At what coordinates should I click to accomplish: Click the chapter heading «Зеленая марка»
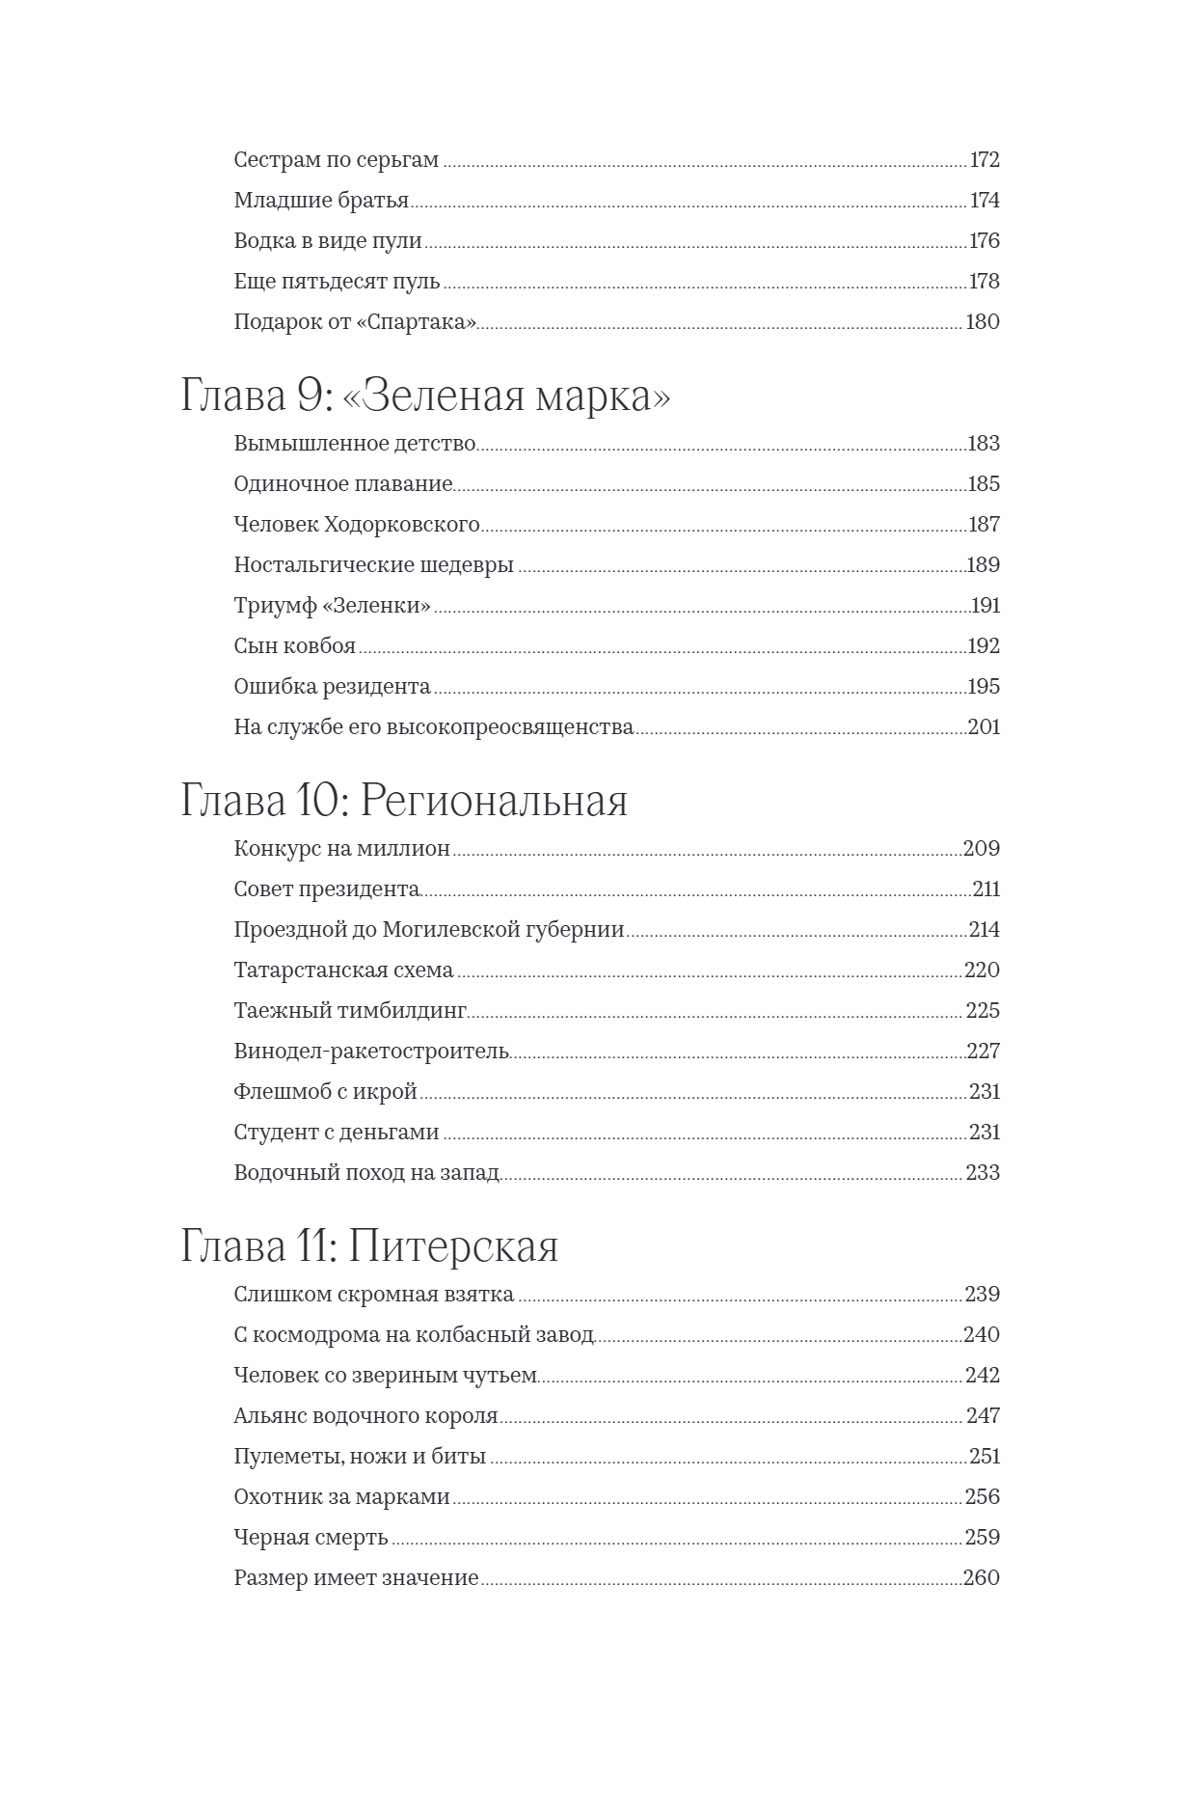pos(425,396)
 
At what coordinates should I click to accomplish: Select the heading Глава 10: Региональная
pos(404,802)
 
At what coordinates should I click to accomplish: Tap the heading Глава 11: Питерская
pos(369,1246)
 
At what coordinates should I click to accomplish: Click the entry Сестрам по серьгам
pos(336,160)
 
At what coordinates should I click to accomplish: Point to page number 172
pos(984,160)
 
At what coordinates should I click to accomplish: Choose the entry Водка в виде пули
pos(328,241)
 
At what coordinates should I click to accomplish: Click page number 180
pos(983,322)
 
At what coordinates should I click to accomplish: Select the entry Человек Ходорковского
pos(357,525)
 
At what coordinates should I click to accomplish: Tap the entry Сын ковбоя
pos(294,646)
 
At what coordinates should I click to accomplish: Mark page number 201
pos(984,727)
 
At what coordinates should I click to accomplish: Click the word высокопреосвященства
pos(509,727)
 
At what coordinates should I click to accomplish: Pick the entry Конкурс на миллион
pos(341,849)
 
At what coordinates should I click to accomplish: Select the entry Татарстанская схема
pos(343,970)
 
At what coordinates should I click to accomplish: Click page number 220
pos(982,970)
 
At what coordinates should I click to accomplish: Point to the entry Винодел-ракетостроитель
pos(371,1052)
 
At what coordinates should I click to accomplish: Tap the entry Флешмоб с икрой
pos(325,1092)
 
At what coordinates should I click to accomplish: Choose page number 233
pos(983,1173)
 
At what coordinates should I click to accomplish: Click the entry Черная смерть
pos(311,1538)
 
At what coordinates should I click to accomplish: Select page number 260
pos(982,1578)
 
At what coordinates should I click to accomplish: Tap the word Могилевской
pos(453,930)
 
